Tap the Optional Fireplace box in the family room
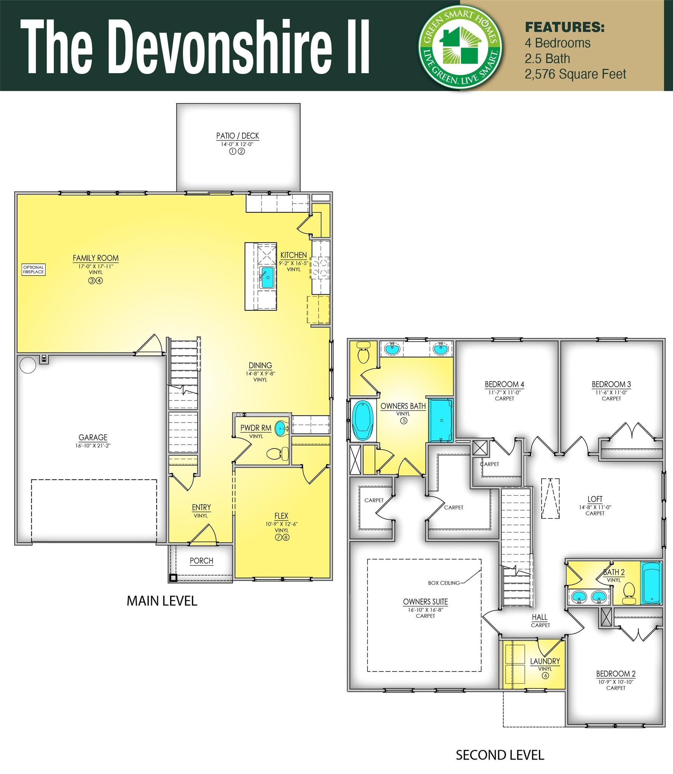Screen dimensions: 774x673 click(x=33, y=270)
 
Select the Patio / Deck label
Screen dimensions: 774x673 click(x=238, y=136)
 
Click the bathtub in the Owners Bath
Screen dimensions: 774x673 click(x=362, y=420)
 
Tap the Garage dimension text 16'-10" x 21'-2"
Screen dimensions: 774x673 click(x=93, y=445)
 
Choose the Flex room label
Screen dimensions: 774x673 click(x=281, y=516)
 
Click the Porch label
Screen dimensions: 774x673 click(x=201, y=561)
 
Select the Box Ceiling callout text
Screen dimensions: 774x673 click(x=444, y=583)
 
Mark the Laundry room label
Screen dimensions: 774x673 click(x=545, y=661)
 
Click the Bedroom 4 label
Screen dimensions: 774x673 click(x=504, y=385)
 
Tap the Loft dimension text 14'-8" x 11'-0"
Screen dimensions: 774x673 click(x=595, y=507)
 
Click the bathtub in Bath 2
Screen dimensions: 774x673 click(x=651, y=583)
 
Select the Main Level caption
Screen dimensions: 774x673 click(x=162, y=601)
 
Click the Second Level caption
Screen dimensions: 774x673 click(x=500, y=755)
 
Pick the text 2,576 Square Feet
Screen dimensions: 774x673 click(x=575, y=74)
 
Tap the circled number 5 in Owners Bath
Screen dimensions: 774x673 click(x=403, y=421)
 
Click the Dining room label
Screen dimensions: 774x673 click(x=260, y=365)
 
